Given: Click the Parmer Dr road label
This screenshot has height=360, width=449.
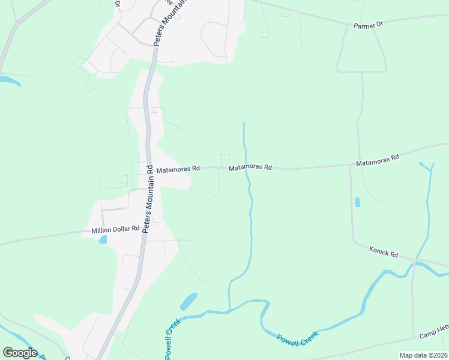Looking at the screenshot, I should pos(369,25).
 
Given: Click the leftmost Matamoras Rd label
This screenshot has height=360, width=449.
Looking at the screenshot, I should pos(178,170).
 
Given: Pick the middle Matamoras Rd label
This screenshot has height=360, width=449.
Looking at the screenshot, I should pos(250,168).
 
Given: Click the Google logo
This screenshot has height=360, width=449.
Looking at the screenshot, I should pos(20,353).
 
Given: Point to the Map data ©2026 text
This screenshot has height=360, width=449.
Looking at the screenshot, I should pos(423,355).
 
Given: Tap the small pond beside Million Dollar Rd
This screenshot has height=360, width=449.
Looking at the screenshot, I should pos(103,239).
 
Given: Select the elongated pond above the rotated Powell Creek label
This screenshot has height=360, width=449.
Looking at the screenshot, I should pos(188,301).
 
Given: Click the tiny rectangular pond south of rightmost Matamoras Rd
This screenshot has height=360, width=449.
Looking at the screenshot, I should pos(358,202).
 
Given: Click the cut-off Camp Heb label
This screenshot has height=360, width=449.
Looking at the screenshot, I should pos(433,335).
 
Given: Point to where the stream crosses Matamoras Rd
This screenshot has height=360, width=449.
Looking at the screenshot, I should pos(246,169).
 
